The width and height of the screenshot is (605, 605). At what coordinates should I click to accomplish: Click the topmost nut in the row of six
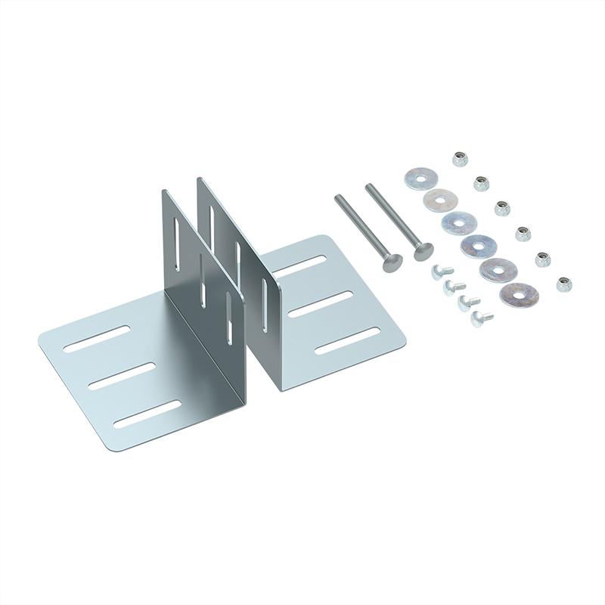(459, 159)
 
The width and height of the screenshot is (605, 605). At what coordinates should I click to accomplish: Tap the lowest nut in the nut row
(563, 284)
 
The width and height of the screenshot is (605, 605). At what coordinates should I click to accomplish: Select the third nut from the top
(501, 208)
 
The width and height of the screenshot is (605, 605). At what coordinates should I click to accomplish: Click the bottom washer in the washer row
(520, 294)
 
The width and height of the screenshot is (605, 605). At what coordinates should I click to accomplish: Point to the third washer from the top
(459, 223)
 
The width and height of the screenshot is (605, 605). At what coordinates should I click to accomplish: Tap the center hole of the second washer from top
(440, 201)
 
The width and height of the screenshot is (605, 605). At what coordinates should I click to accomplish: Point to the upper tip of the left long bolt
(339, 197)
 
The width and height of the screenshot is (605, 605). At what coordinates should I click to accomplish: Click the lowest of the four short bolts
(479, 317)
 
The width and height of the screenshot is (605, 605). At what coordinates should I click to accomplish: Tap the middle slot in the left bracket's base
(121, 376)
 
